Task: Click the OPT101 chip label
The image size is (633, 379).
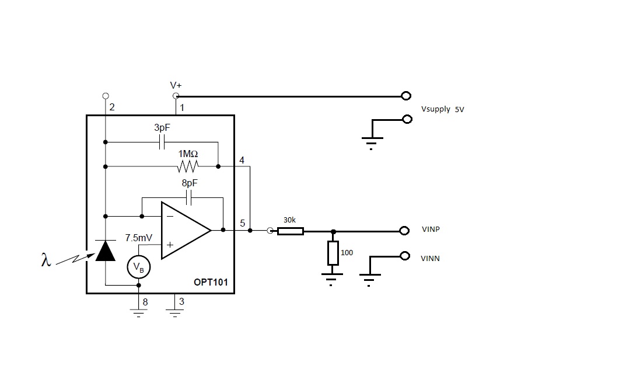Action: (x=211, y=283)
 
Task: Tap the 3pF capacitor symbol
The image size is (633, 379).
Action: (x=163, y=142)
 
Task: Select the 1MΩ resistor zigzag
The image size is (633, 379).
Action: (x=188, y=167)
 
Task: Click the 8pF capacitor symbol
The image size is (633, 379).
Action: (x=189, y=199)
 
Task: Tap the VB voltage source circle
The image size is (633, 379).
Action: (x=138, y=267)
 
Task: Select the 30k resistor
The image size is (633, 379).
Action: (x=290, y=231)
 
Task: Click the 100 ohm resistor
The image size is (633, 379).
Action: (x=333, y=253)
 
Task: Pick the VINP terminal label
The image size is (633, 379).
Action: (x=431, y=230)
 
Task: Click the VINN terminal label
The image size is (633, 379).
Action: (x=430, y=258)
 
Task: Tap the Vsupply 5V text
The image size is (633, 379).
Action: (x=442, y=109)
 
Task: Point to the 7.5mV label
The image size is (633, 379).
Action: (x=139, y=238)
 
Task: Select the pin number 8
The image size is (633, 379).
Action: (x=145, y=302)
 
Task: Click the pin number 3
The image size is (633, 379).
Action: (x=181, y=302)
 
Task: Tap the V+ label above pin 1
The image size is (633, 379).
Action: (x=176, y=85)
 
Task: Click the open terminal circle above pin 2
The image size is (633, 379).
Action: (x=105, y=96)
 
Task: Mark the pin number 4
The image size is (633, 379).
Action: (x=242, y=160)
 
